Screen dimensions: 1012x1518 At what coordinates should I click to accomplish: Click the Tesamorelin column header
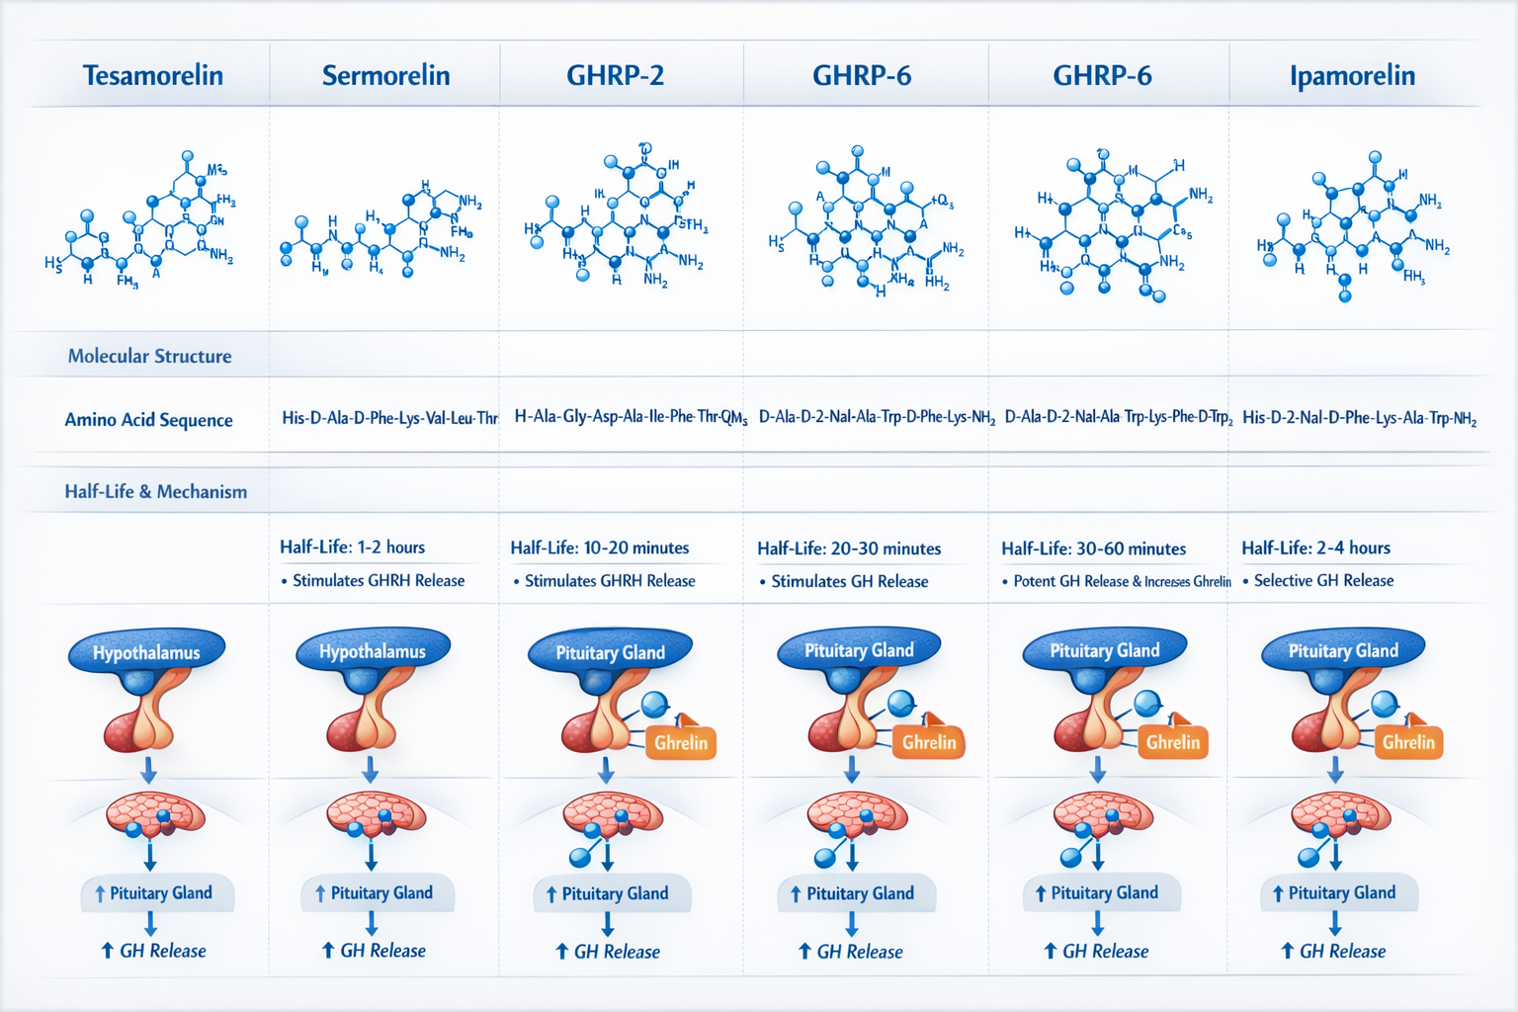152,75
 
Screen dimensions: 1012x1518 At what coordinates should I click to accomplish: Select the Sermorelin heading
385,75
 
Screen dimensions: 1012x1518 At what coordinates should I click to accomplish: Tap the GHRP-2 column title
615,75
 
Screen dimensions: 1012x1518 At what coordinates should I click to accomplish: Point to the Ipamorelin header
1352,75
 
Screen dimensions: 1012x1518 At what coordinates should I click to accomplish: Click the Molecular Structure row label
149,356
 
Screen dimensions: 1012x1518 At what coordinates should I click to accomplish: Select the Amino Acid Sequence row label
148,420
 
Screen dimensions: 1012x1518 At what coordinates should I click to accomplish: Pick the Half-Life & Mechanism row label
155,491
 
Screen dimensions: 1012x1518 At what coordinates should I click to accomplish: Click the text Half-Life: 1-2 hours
352,548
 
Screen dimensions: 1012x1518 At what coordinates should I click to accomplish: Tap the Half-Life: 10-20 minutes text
599,548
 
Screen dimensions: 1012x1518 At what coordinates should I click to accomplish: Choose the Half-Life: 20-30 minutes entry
848,548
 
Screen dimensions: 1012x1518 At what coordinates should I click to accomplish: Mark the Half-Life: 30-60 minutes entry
1093,548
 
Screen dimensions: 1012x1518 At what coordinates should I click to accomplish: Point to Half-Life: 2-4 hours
1315,548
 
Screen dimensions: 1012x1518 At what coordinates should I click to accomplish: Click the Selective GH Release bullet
1322,581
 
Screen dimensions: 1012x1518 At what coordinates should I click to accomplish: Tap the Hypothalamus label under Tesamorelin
146,652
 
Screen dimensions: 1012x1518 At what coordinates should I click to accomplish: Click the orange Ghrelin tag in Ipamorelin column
1407,742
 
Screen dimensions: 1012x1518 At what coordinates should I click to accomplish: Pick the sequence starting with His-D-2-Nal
1359,418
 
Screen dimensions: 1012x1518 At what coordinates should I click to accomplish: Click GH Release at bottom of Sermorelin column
381,951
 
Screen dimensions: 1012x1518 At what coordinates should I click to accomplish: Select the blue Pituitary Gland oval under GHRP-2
610,652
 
